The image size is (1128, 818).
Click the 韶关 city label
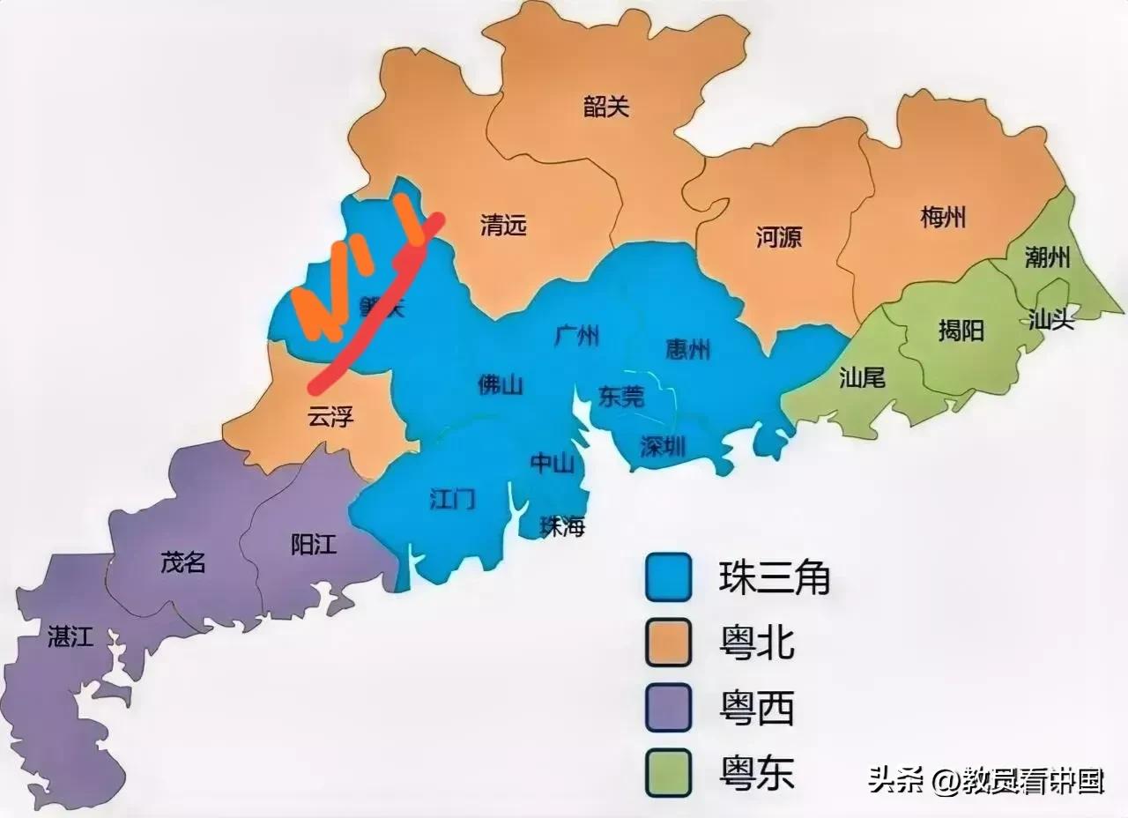pos(606,108)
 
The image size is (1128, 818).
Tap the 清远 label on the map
pos(503,226)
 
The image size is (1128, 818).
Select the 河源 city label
pos(779,236)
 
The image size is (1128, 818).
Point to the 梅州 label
pos(943,217)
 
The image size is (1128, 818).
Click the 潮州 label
pos(1048,257)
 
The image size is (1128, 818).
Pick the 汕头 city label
pos(1051,319)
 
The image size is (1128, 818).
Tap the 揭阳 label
pos(961,331)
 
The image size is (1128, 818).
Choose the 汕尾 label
pos(862,378)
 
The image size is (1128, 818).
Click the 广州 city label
pos(577,336)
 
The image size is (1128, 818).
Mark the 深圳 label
pos(663,446)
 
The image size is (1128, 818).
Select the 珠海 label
pos(562,527)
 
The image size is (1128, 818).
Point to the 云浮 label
pos(330,416)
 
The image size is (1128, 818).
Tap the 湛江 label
pos(70,636)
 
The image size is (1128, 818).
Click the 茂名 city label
pos(183,562)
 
